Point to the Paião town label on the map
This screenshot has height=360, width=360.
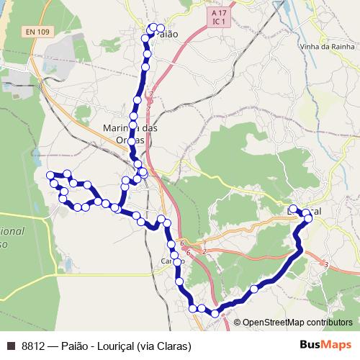tap(166, 34)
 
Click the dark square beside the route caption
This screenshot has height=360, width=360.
tap(10, 346)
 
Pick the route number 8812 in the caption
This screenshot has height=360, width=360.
tap(33, 346)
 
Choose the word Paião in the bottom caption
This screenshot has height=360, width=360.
tap(76, 346)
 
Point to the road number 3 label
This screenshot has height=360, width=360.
tap(326, 266)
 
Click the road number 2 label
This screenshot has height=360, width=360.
tap(204, 251)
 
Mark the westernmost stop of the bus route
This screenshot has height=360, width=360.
tap(50, 175)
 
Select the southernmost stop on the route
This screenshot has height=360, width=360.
tap(215, 312)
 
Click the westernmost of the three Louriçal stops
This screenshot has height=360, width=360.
tap(293, 210)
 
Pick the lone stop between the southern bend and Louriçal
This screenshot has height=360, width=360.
tap(254, 289)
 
